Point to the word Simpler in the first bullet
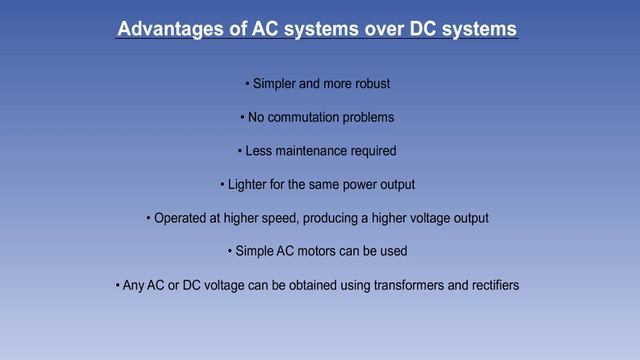pos(273,82)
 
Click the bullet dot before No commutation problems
pos(241,118)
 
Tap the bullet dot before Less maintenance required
pos(239,152)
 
